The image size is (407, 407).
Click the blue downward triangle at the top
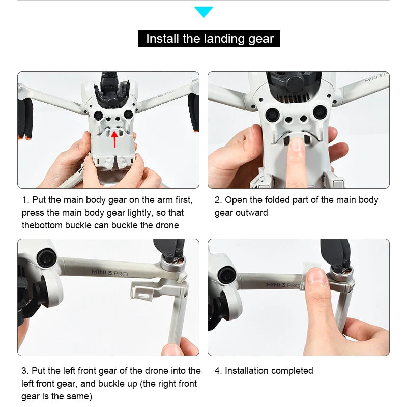pos(203,11)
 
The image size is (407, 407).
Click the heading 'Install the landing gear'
pos(210,39)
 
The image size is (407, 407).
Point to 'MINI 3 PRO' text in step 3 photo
pos(109,272)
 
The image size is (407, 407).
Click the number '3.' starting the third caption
pos(25,371)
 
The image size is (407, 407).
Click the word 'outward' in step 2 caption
pos(249,213)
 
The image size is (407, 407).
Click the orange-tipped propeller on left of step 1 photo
pos(25,117)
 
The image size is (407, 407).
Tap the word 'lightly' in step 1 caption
pos(149,213)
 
